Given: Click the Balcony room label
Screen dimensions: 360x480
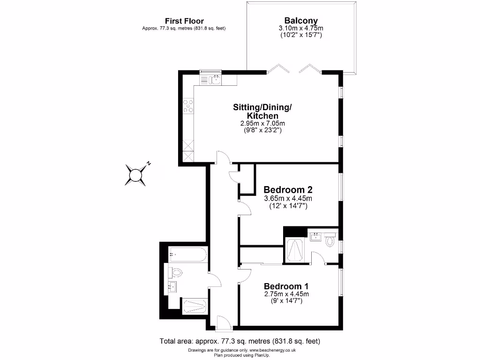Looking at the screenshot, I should pos(301,21).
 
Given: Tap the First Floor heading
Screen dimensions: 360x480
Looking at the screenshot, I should pos(184,21).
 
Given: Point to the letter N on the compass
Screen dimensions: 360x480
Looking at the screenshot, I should pos(149,163).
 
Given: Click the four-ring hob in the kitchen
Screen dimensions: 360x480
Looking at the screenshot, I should pos(188,107).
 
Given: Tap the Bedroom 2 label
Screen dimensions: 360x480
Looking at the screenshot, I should pos(288,190).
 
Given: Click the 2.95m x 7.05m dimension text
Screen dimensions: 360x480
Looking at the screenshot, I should pos(262,123).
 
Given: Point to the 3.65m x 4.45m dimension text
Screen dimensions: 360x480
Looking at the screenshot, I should pos(288,198).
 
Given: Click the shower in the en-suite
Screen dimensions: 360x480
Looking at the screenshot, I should pos(295,250).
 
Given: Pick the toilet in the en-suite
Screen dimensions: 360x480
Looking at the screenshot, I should pos(330,242).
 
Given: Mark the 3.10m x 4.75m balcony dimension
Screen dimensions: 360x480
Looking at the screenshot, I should pos(301,29).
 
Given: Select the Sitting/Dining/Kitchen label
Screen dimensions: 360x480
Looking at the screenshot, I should pos(262,111).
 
